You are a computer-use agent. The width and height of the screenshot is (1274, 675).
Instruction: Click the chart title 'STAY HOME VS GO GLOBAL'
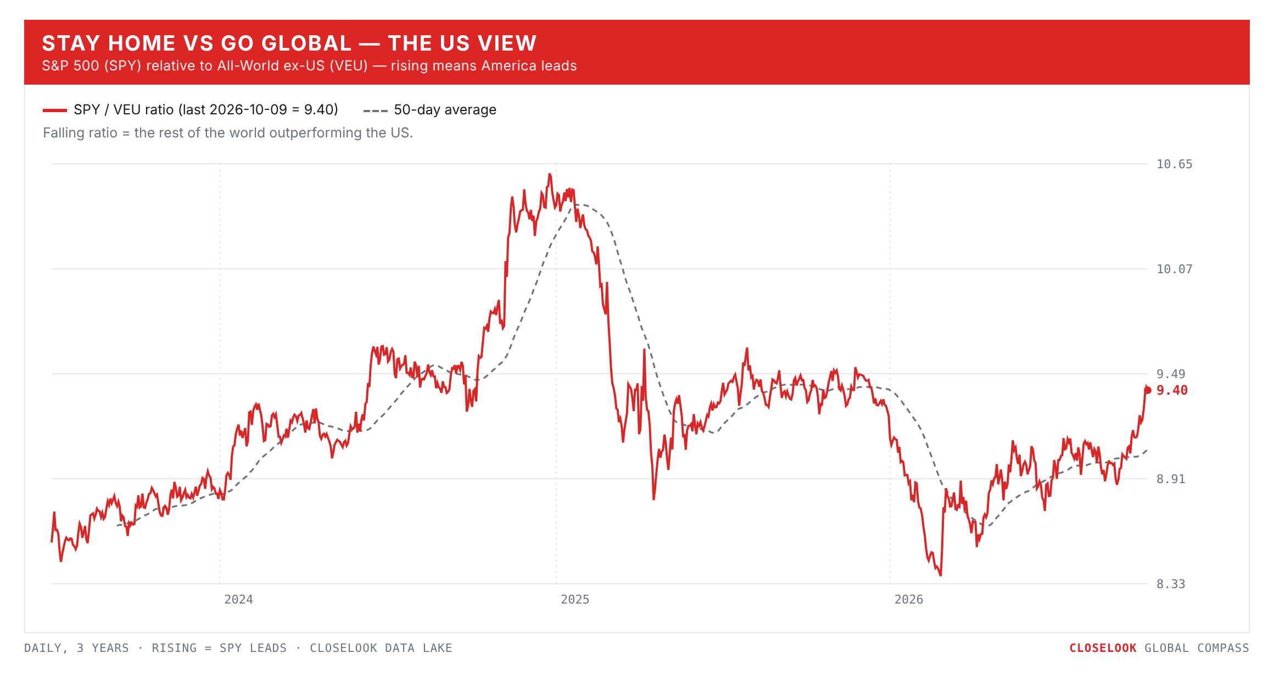pos(197,43)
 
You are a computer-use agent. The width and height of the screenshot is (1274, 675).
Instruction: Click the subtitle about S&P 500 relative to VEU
pos(309,66)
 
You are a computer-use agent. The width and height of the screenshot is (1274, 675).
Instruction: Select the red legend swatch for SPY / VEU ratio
pos(55,110)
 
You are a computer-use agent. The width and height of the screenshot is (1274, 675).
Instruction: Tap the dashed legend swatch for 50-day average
pos(376,110)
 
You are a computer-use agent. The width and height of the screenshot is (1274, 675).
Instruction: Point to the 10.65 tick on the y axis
pos(1174,164)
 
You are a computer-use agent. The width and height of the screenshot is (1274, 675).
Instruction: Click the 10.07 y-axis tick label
pos(1174,269)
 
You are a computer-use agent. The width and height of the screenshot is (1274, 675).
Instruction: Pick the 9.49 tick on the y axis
pos(1171,374)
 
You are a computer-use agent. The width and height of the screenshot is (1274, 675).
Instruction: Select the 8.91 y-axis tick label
pos(1171,479)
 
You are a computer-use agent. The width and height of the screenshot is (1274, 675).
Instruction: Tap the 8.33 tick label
pos(1171,584)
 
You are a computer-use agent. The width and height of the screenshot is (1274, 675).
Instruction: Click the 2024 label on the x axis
pos(238,600)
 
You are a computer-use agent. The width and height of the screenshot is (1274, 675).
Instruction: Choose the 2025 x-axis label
pos(575,600)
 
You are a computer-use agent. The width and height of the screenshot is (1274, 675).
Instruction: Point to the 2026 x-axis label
pos(909,600)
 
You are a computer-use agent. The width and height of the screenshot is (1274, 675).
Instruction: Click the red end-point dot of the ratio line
pos(1147,390)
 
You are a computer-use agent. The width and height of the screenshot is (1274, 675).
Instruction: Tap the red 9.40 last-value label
pos(1172,390)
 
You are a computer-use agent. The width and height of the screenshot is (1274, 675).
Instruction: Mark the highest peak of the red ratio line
pos(549,174)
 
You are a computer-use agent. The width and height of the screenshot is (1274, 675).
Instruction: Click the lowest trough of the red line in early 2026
pos(941,575)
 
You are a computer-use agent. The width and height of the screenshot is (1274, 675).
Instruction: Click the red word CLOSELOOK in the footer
pos(1103,648)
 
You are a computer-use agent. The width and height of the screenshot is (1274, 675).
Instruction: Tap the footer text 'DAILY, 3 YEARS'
pos(76,649)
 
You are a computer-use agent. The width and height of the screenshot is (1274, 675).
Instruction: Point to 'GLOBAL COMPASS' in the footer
pos(1197,648)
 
